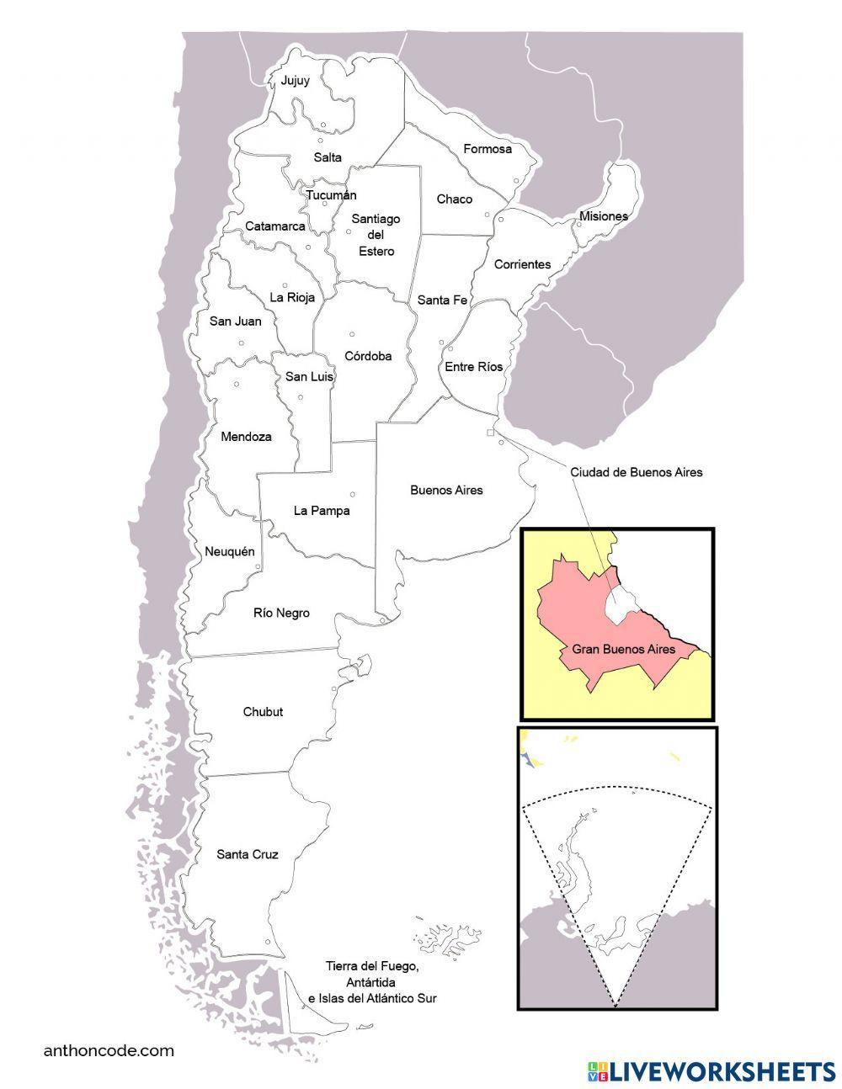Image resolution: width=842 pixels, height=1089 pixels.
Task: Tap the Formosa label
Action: tap(488, 149)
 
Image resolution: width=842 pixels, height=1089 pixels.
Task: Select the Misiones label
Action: tap(603, 216)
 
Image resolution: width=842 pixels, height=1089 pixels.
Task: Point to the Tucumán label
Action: tap(325, 195)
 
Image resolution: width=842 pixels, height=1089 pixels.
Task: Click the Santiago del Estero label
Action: tap(376, 234)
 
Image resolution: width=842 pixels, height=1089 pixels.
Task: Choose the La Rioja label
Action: tap(289, 297)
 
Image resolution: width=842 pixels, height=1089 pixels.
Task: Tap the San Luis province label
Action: tap(309, 377)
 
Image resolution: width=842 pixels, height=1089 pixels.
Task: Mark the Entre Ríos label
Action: tap(473, 366)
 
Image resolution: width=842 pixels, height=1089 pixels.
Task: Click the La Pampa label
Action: tap(321, 510)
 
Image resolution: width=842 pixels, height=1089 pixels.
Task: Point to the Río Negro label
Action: tap(281, 613)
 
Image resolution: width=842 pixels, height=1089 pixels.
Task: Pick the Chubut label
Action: tap(263, 712)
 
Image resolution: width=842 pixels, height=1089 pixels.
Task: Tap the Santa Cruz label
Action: tap(247, 855)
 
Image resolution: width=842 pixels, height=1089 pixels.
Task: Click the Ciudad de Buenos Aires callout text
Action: tap(636, 472)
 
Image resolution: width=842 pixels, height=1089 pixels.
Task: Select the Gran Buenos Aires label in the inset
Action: tap(624, 650)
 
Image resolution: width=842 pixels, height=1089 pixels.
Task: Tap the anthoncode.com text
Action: tap(109, 1050)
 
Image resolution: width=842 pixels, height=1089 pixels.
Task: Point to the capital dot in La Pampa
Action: tap(353, 494)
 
